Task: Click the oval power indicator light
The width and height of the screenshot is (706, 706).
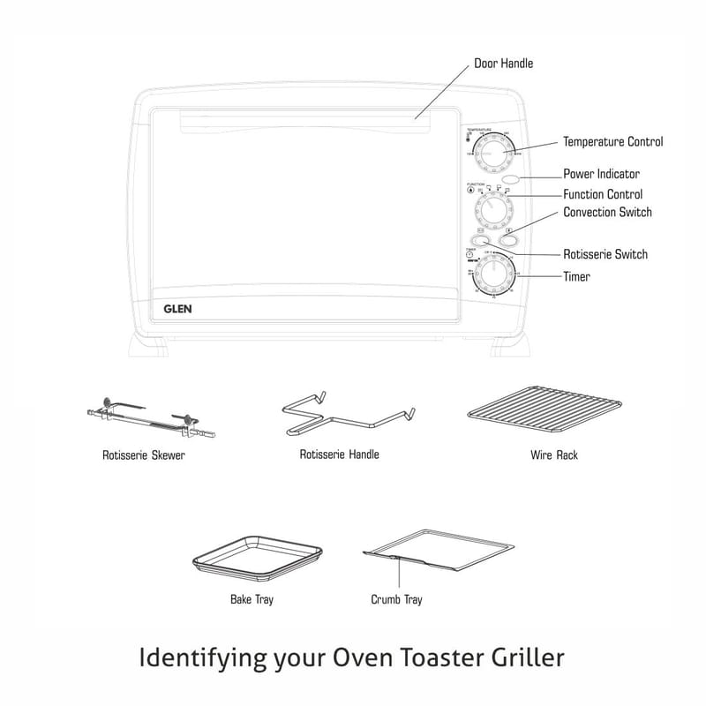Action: [x=510, y=179]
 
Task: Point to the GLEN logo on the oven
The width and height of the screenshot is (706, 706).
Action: [x=177, y=309]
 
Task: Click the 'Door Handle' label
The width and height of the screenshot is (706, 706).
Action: [x=504, y=64]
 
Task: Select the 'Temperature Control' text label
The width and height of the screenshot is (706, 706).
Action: [x=612, y=141]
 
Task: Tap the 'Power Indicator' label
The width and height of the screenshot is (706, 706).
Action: [x=601, y=175]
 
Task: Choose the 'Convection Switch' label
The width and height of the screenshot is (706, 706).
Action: [x=607, y=213]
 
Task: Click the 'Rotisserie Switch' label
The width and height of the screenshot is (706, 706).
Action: [x=605, y=254]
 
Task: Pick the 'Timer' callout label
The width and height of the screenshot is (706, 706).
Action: [x=576, y=276]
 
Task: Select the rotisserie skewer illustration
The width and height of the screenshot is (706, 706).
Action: [x=151, y=420]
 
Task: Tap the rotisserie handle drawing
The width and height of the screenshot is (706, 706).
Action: [x=347, y=415]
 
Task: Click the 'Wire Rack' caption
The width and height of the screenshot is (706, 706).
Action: [x=554, y=455]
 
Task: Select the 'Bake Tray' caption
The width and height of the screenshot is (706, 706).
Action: [x=252, y=600]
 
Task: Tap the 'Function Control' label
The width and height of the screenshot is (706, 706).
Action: [x=603, y=194]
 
